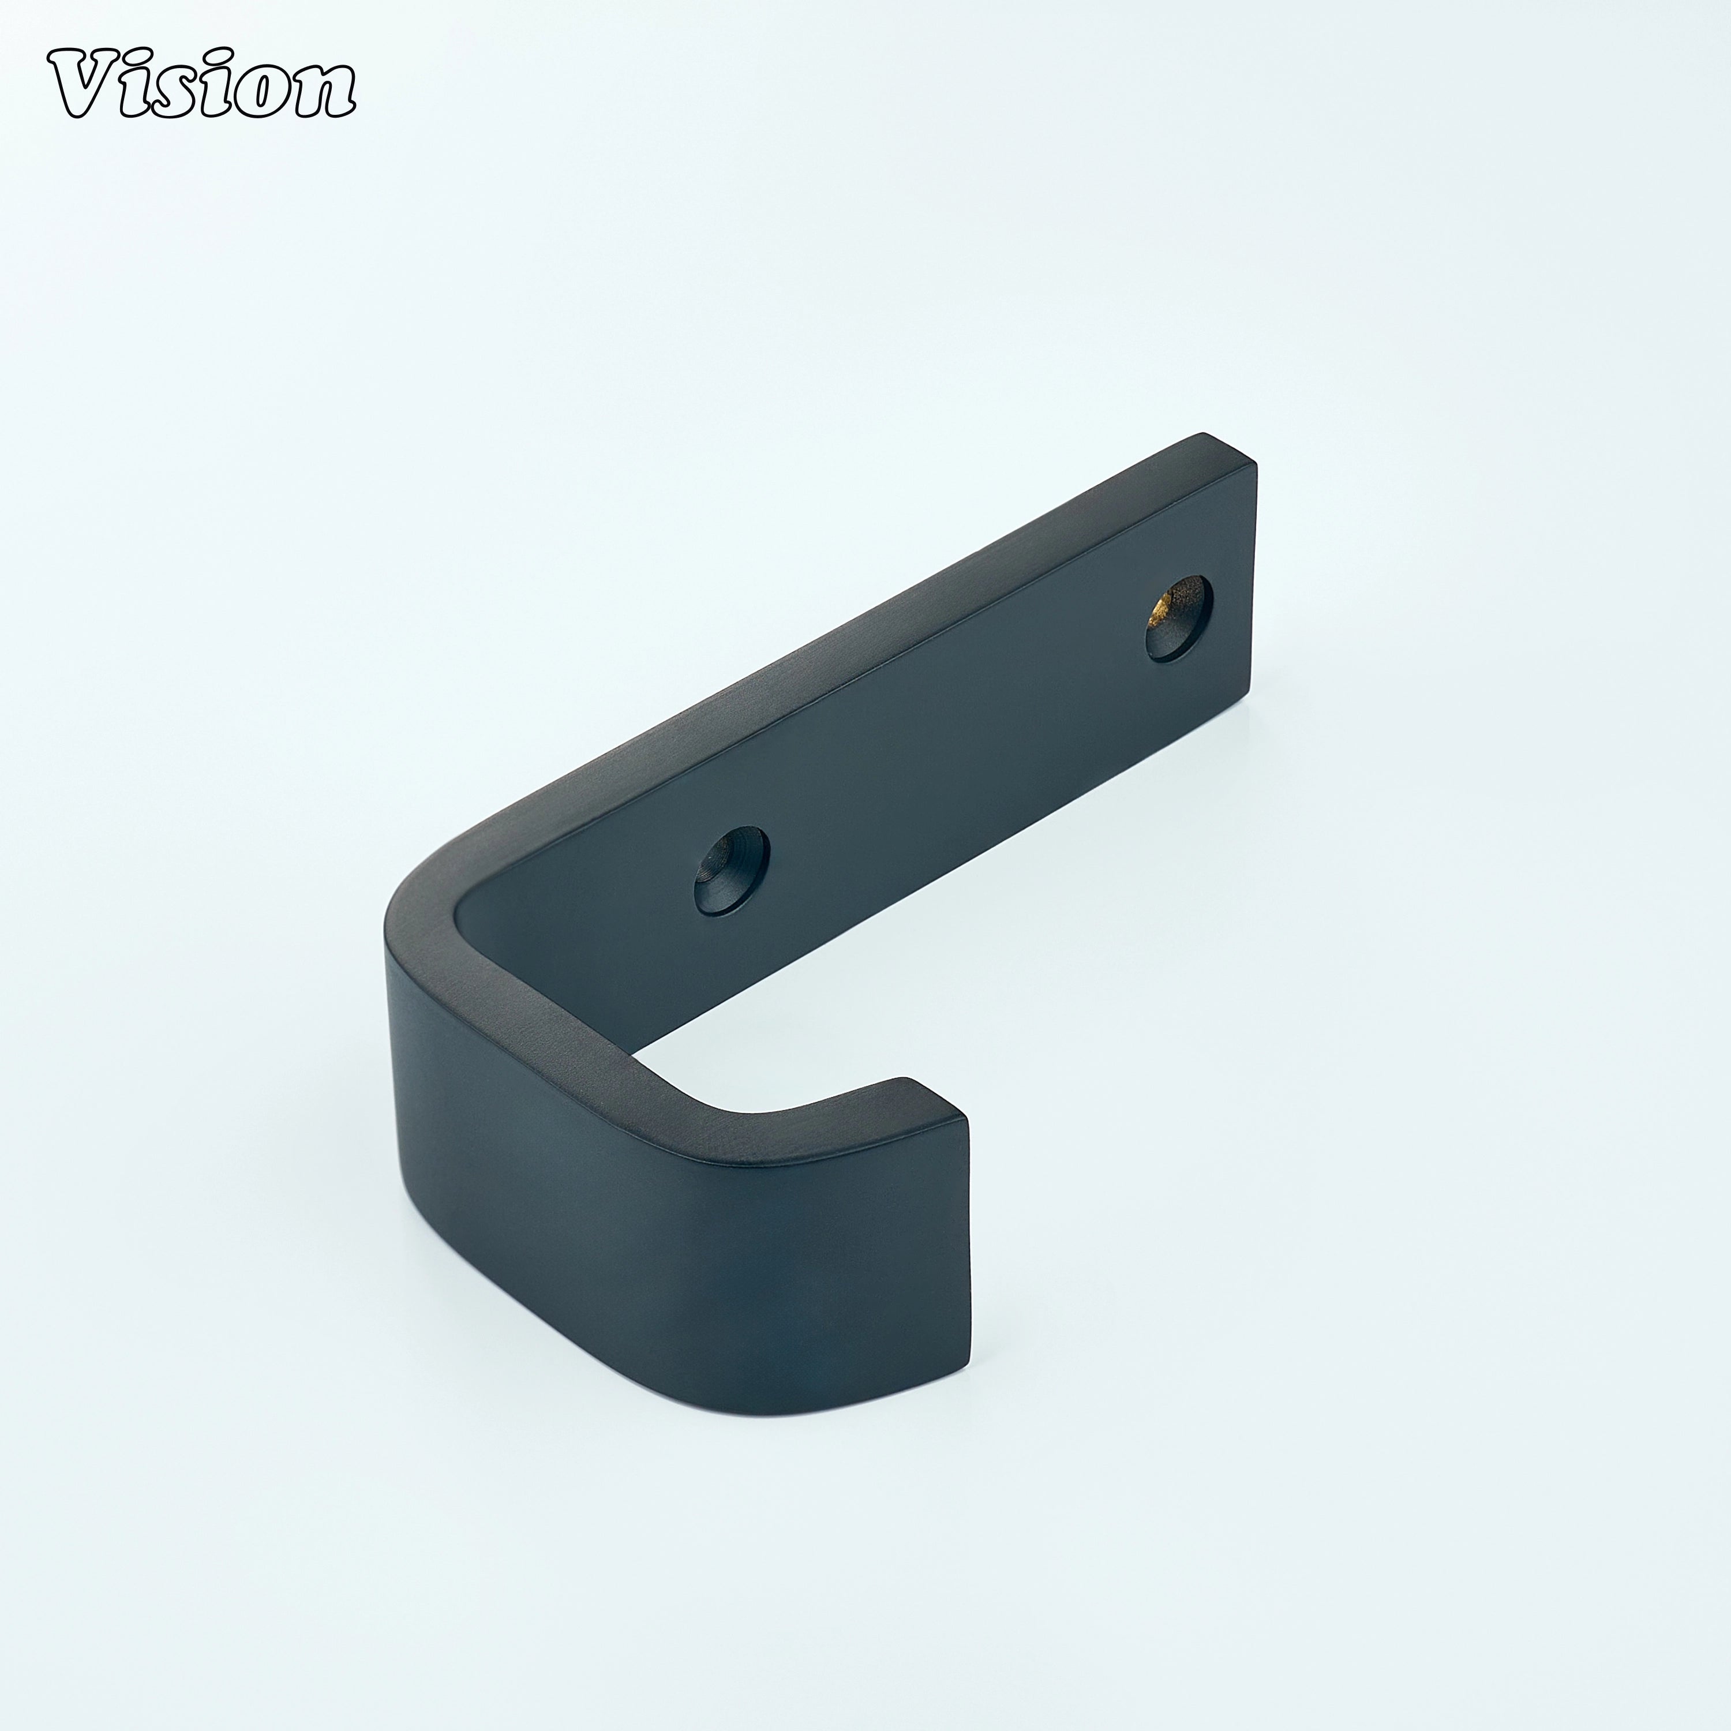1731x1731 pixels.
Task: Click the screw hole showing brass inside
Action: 1179,617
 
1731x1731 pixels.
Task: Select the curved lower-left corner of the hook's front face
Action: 421,1397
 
